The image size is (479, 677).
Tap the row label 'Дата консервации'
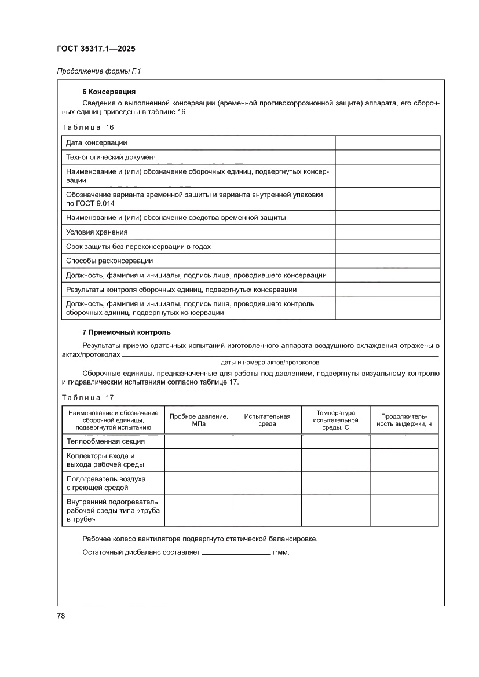[x=97, y=142]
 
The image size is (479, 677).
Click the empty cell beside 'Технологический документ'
[x=387, y=157]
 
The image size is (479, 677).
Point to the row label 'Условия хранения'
[x=97, y=232]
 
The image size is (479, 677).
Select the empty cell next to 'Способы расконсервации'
[x=387, y=261]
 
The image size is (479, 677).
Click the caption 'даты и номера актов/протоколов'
[x=270, y=362]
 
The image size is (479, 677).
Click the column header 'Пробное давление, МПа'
[x=199, y=420]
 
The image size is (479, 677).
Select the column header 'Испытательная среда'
[x=267, y=420]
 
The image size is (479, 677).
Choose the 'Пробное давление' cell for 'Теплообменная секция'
[x=199, y=441]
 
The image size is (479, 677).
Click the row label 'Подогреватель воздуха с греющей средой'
[x=106, y=483]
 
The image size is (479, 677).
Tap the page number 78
[x=61, y=616]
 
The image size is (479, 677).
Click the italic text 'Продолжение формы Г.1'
[x=99, y=72]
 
